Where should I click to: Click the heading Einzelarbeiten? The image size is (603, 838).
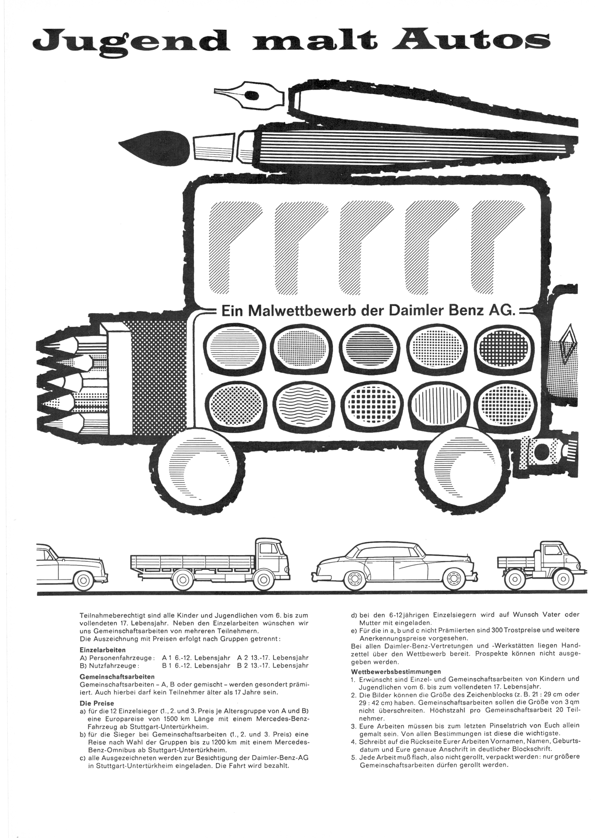(x=103, y=650)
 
